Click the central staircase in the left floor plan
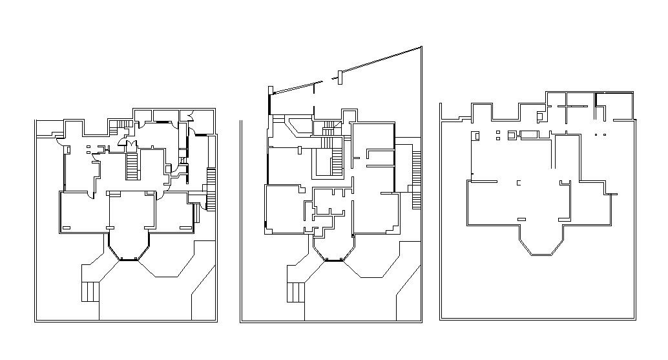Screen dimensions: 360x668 click(x=132, y=167)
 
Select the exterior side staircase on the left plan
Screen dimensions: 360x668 click(x=210, y=189)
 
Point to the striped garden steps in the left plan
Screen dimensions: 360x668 click(x=90, y=291)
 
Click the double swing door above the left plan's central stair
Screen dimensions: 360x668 click(x=129, y=143)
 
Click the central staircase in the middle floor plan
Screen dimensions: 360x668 click(x=337, y=162)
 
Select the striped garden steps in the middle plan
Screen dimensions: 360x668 click(x=295, y=292)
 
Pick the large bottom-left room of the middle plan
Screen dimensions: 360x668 click(x=284, y=210)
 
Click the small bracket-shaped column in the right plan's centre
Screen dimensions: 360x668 click(x=518, y=183)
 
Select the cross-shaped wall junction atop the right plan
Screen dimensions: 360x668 click(x=567, y=105)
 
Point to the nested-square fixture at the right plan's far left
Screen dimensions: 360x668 click(x=476, y=136)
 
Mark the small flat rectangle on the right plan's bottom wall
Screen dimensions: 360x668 click(x=521, y=219)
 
